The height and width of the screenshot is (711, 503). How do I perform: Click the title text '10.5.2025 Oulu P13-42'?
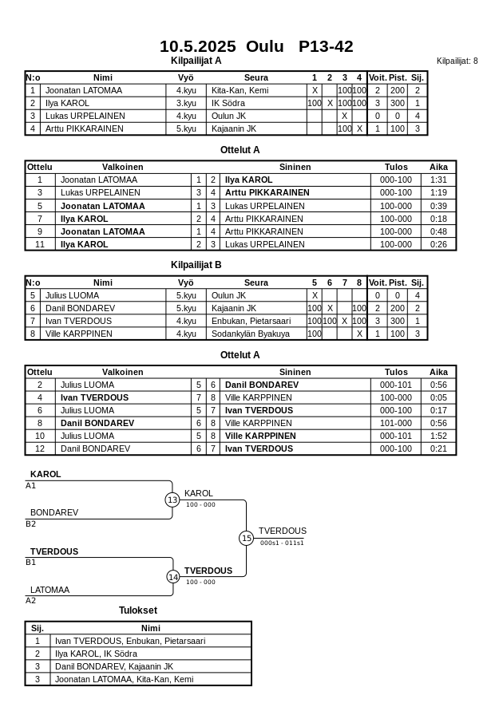[x=256, y=46]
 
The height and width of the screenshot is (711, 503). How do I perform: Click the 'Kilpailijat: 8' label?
[x=457, y=61]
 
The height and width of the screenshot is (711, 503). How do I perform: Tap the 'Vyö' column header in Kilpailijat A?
[x=186, y=78]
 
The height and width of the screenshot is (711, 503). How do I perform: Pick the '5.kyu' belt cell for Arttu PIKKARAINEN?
[x=186, y=128]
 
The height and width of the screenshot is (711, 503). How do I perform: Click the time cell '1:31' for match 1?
[x=438, y=180]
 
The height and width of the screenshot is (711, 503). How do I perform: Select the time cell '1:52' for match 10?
[x=438, y=436]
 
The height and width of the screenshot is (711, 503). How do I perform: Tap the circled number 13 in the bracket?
[x=172, y=500]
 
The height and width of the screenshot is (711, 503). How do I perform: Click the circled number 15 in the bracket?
[x=246, y=539]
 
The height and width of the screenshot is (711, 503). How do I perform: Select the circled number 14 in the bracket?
[x=172, y=577]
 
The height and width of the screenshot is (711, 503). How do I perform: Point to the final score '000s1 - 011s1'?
[x=282, y=543]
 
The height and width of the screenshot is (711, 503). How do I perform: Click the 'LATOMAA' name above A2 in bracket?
[x=50, y=591]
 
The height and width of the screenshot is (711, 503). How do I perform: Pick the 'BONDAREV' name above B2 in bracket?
[x=54, y=513]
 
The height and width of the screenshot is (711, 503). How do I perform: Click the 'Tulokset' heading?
[x=138, y=610]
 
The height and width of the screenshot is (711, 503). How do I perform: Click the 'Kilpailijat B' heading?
[x=196, y=265]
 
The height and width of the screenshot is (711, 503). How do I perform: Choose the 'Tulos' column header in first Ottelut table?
[x=396, y=168]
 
